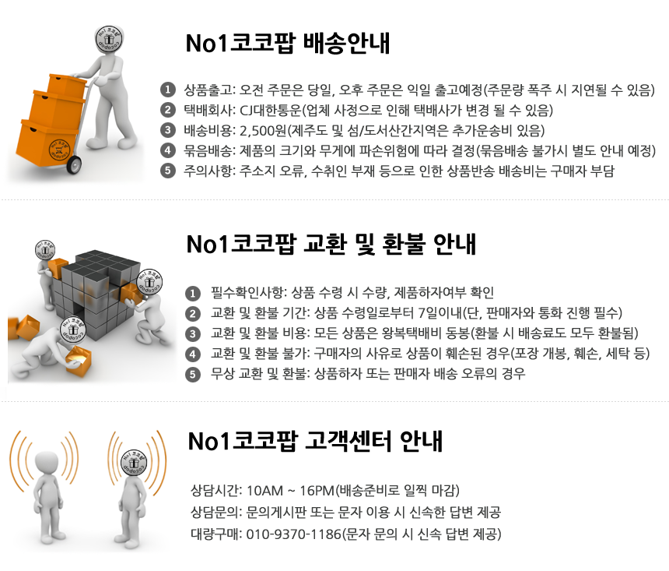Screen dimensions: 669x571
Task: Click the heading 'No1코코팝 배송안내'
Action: (288, 43)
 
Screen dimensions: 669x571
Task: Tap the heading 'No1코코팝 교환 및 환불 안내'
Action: (331, 244)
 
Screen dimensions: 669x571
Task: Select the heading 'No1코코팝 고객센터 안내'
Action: (315, 441)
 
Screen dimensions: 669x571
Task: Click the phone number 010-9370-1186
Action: (294, 534)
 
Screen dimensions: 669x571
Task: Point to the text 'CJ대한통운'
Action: (271, 111)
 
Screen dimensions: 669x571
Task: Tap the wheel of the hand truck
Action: (74, 164)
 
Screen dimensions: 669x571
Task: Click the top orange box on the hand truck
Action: (65, 86)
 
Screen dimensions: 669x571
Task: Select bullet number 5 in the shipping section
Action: (168, 171)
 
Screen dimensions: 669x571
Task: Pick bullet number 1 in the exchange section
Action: (193, 293)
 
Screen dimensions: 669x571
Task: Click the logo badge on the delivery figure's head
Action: (109, 39)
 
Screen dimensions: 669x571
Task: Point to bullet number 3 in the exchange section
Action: (193, 333)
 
